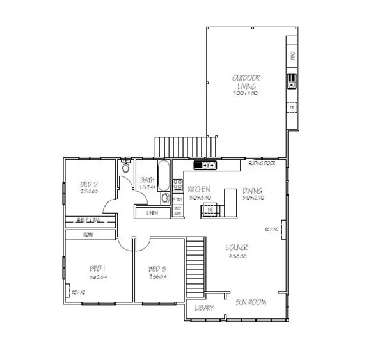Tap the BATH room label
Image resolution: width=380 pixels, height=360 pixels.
[147, 180]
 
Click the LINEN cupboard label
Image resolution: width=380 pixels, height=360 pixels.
[152, 212]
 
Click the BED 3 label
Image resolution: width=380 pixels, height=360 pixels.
[157, 269]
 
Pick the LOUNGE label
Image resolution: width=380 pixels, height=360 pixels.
[237, 247]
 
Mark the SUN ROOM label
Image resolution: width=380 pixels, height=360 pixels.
[250, 302]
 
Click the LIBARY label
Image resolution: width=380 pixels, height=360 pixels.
[204, 308]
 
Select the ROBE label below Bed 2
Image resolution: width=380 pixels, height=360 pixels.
[87, 235]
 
